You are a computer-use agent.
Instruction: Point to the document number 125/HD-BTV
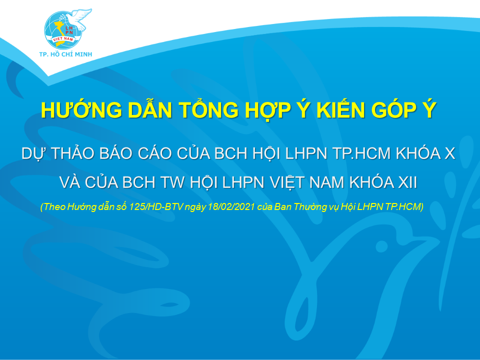pyautogui.click(x=156, y=207)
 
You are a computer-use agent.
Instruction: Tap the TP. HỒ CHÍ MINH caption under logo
pyautogui.click(x=65, y=54)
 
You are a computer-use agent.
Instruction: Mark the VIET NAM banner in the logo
pyautogui.click(x=63, y=39)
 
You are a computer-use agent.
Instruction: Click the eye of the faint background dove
pyautogui.click(x=381, y=246)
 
